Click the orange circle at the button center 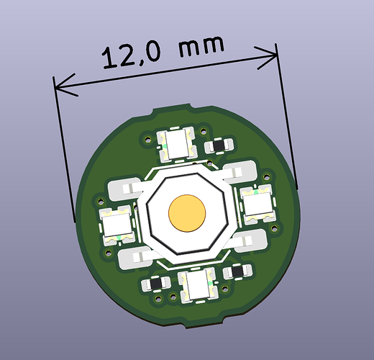click(x=187, y=213)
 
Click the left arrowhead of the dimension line click(x=65, y=85)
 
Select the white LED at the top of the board click(x=177, y=144)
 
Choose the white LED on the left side click(x=117, y=225)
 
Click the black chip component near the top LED click(x=219, y=145)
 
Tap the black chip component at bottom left click(x=156, y=284)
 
